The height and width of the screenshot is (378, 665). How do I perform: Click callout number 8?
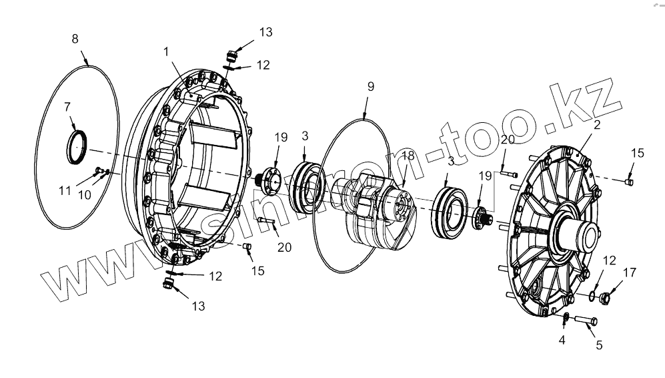click(75, 39)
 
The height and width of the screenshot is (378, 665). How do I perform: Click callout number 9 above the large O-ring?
click(371, 86)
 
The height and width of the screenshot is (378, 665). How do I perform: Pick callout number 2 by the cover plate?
click(596, 124)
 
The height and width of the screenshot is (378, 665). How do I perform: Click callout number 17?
click(630, 272)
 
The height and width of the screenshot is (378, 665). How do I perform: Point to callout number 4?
click(562, 340)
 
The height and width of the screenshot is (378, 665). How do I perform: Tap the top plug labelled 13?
click(231, 53)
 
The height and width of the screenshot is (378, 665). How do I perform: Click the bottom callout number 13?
click(198, 306)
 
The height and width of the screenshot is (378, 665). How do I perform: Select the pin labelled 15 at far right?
click(629, 180)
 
